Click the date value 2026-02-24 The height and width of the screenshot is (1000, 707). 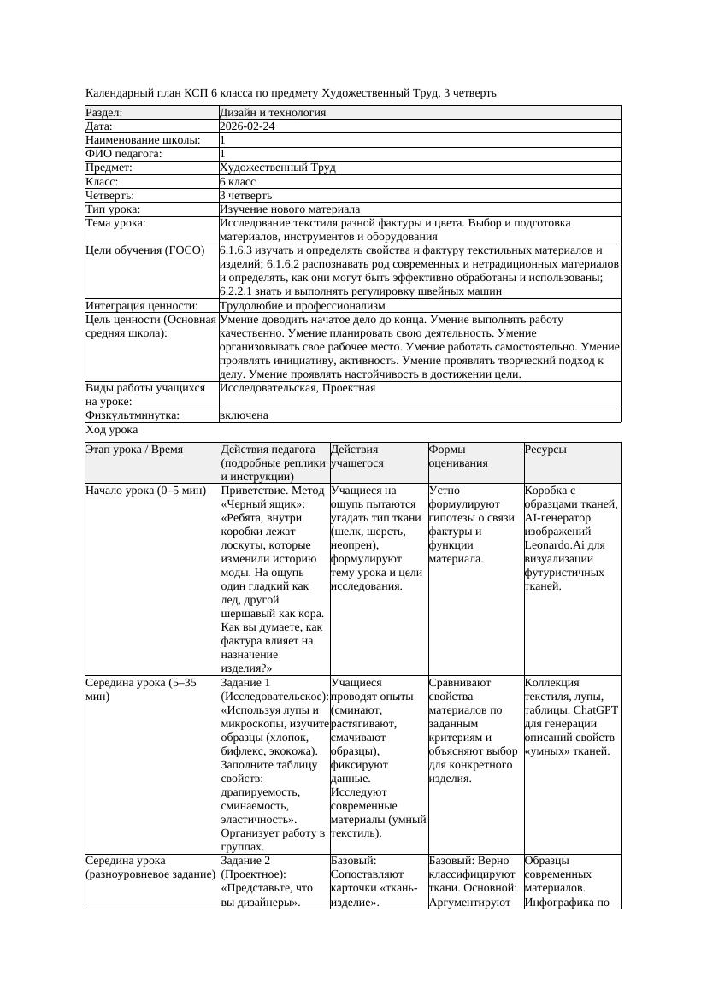coord(247,126)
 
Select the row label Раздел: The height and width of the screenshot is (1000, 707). coord(104,113)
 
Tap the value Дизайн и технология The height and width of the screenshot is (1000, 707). coord(272,113)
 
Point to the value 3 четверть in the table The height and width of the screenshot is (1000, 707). coord(245,196)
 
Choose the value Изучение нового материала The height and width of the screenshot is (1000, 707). coord(289,209)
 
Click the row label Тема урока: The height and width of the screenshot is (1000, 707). coord(115,223)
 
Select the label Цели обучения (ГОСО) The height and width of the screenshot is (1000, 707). coord(145,250)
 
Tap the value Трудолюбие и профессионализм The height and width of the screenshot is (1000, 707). coord(302,306)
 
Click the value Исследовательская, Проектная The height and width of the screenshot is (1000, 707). coord(297,388)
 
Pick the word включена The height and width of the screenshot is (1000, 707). coord(244,415)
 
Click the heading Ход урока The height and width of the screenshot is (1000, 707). coord(111,431)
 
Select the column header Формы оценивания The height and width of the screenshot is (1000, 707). coord(459,456)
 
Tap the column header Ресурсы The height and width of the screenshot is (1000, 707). coord(545,450)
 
